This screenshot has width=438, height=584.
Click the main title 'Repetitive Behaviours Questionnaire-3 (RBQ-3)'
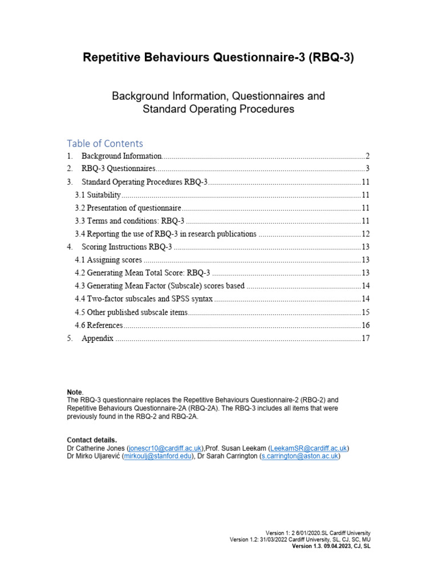(x=218, y=58)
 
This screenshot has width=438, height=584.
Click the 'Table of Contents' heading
(x=105, y=143)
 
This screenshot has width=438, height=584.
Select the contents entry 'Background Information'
(x=121, y=156)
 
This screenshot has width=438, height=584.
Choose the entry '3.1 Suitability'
(x=98, y=195)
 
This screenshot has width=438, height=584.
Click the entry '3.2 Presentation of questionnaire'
(x=128, y=208)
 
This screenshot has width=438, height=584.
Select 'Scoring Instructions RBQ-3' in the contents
(x=127, y=247)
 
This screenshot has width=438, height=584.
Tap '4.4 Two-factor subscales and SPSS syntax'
(x=143, y=299)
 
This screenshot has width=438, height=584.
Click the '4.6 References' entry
(x=99, y=325)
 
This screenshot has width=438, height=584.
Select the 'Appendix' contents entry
(x=98, y=338)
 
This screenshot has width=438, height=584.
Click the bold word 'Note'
(x=75, y=392)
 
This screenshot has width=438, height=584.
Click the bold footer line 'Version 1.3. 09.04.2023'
(x=331, y=546)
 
